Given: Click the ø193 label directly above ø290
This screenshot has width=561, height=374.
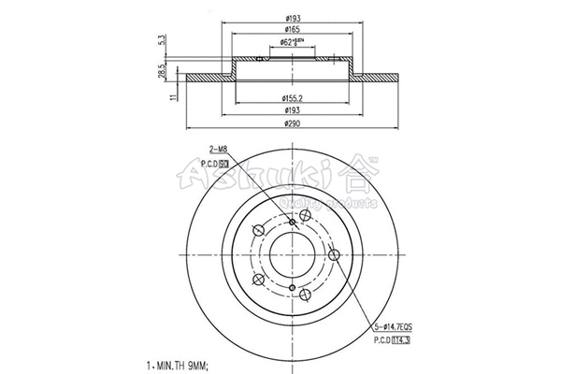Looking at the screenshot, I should tap(293, 109).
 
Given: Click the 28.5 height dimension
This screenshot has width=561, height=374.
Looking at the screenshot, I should tap(164, 72).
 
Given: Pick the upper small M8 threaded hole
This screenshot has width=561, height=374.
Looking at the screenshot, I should tap(293, 222).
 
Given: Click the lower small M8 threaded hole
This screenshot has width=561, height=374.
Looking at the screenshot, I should tap(293, 286).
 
